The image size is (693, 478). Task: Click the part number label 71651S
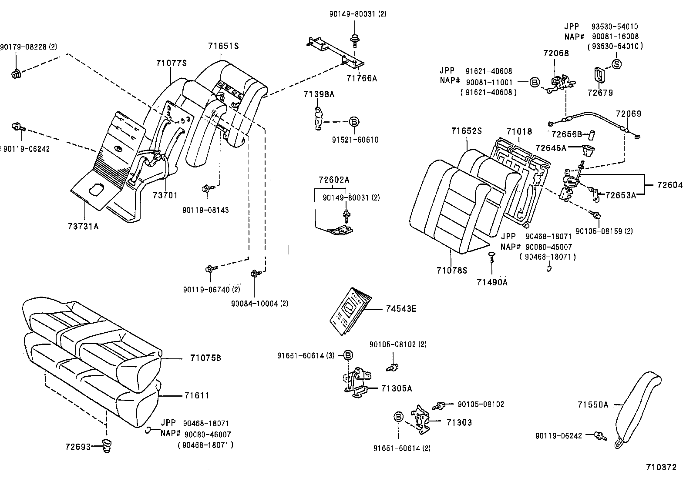coord(223,46)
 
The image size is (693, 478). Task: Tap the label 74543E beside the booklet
coord(401,309)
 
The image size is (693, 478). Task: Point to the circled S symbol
coord(616,64)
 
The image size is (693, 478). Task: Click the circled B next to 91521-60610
coord(353,121)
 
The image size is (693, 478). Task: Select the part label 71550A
coord(592,405)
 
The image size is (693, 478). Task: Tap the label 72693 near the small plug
coord(78,447)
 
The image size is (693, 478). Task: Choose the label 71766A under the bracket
coord(361,78)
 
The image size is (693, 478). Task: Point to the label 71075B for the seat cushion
coord(205,358)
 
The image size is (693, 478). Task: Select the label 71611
coord(196,396)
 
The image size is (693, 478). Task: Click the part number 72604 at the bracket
coord(669,185)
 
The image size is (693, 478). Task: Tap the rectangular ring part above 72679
coord(599,76)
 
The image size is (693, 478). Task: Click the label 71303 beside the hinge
coord(459,422)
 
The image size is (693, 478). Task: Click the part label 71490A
coord(492,282)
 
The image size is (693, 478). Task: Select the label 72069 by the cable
coord(628,114)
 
